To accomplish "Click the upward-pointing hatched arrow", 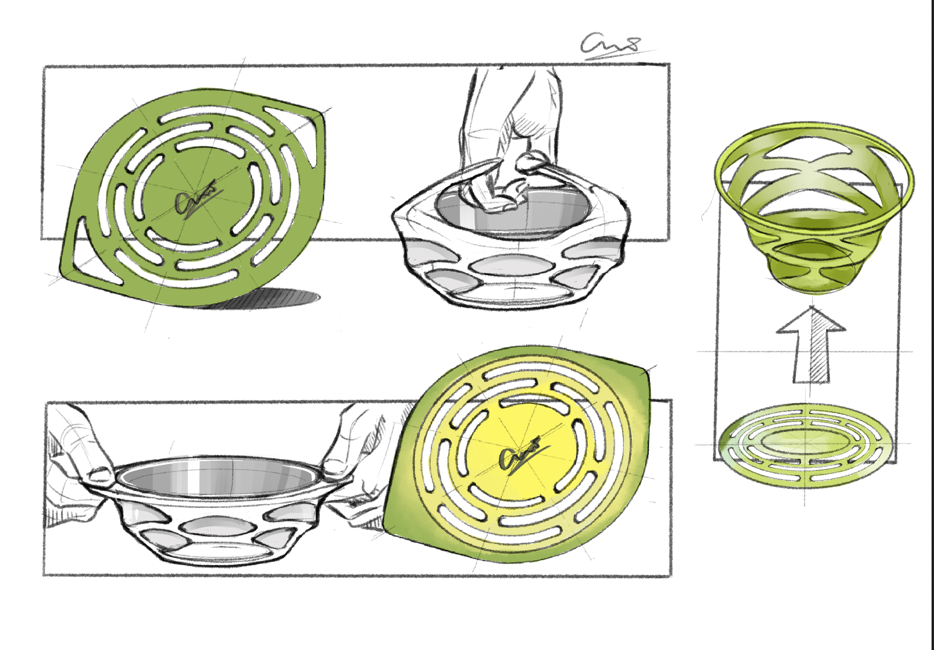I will tap(810, 346).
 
